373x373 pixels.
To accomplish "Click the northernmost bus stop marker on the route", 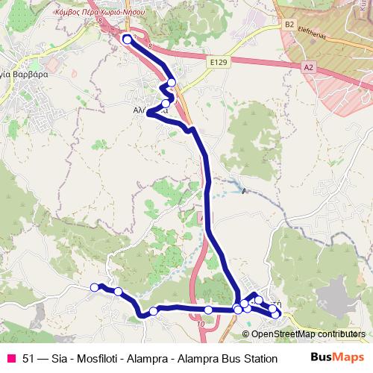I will point(127,40).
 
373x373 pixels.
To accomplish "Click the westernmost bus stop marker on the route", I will point(95,287).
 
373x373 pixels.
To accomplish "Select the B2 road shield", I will point(289,25).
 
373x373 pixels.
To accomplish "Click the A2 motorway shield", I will point(308,67).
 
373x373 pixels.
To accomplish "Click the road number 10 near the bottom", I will point(201,324).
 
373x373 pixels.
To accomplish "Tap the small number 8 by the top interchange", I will point(150,47).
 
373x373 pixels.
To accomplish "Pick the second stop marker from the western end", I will point(118,291).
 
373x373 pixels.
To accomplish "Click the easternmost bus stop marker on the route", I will point(276,314).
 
